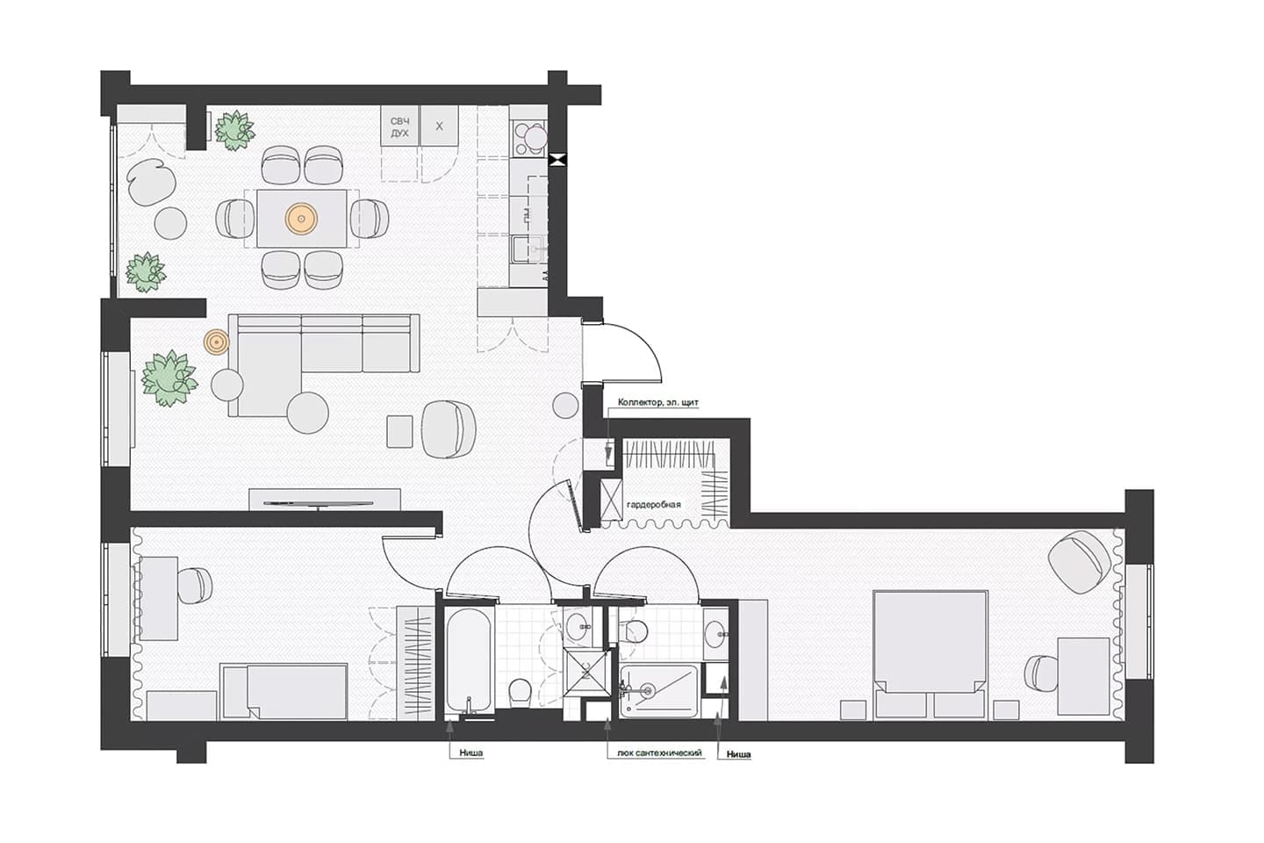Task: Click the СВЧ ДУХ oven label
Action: click(399, 127)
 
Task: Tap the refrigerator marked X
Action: click(439, 126)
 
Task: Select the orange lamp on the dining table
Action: click(301, 219)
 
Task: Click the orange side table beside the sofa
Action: click(217, 342)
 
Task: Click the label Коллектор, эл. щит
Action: click(658, 402)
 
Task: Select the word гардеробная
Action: click(653, 504)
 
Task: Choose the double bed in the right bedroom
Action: click(930, 654)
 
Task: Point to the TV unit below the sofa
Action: click(325, 500)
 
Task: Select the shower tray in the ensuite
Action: click(658, 691)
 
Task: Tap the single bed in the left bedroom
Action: click(284, 692)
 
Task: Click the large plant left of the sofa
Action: click(169, 378)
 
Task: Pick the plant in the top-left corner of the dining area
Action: click(234, 131)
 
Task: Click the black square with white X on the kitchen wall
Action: click(557, 161)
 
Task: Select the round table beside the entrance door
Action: click(565, 406)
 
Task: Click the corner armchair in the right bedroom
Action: click(1080, 561)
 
